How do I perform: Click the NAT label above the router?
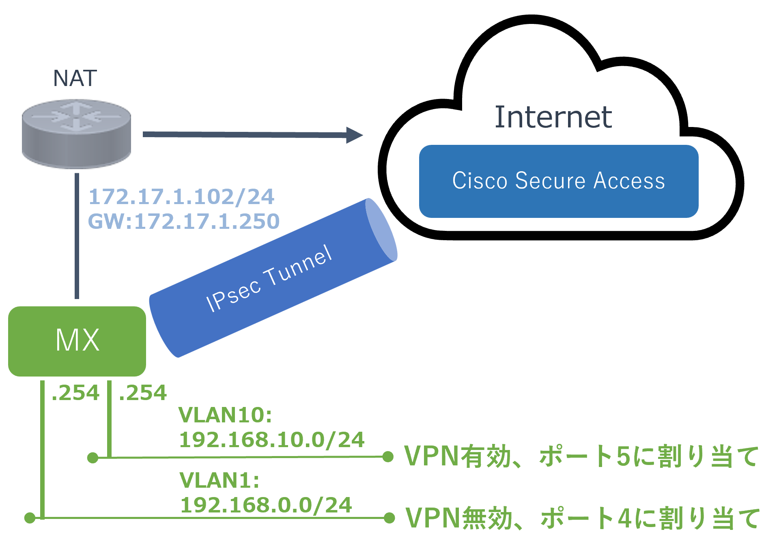(75, 78)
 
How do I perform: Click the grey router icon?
(76, 134)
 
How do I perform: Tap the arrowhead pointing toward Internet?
(354, 135)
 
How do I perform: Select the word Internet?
(553, 118)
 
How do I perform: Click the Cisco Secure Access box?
(559, 181)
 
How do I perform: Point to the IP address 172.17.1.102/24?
(181, 197)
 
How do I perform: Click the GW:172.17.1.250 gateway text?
(184, 222)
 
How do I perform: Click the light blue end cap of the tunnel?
(381, 230)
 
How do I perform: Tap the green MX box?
(77, 341)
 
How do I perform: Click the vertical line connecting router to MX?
(77, 235)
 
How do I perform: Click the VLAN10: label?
(225, 415)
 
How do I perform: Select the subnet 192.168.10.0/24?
(272, 440)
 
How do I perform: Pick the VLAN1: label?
(219, 480)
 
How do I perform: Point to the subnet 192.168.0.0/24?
(266, 505)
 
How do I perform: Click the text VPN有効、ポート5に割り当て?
(581, 456)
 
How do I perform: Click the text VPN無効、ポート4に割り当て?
(582, 518)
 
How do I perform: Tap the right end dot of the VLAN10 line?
(388, 457)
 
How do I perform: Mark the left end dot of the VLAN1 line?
(30, 518)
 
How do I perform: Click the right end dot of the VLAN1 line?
(389, 518)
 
